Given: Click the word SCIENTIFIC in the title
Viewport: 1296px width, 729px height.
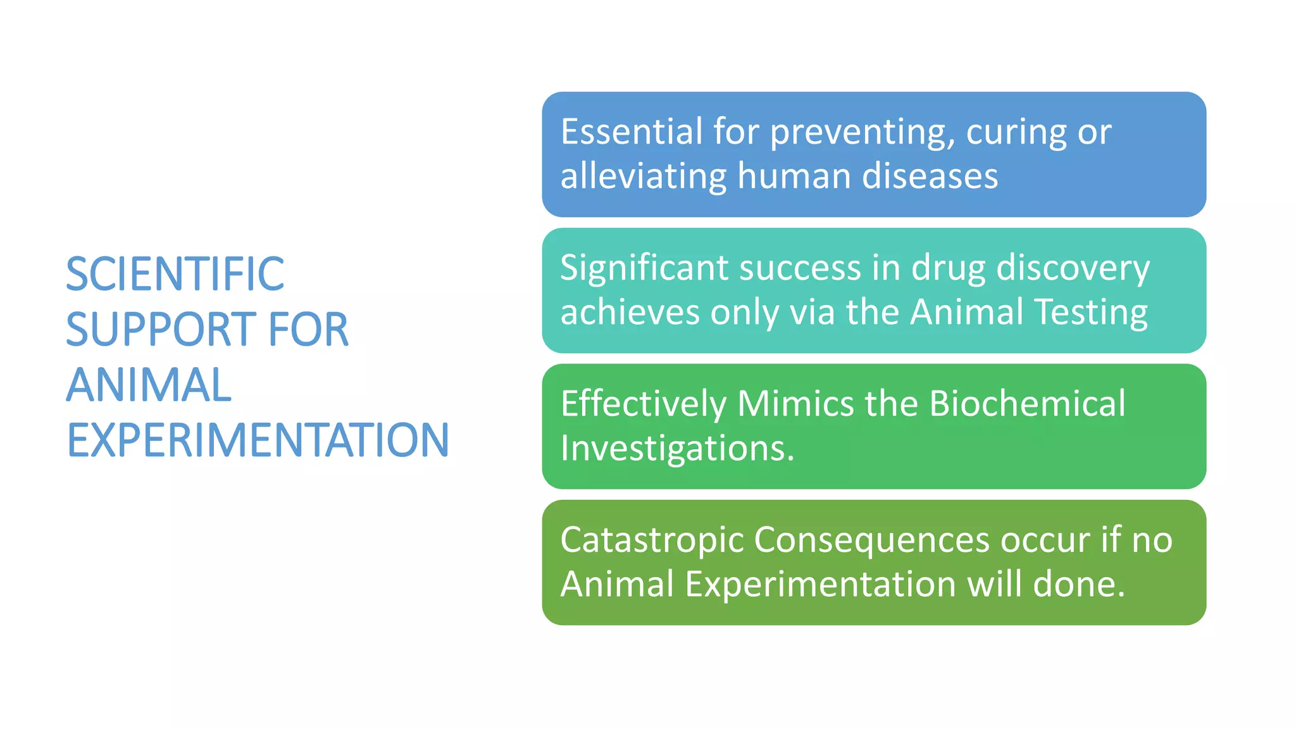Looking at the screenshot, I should point(175,275).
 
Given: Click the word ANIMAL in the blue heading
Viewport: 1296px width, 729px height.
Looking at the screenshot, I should point(149,385).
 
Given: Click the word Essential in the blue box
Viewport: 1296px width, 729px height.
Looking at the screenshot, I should point(632,132).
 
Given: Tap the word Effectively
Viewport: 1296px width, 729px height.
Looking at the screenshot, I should point(644,404).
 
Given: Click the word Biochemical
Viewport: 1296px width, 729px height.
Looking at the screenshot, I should point(1028,404).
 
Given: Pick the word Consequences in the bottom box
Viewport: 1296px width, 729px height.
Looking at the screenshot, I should point(872,541).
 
